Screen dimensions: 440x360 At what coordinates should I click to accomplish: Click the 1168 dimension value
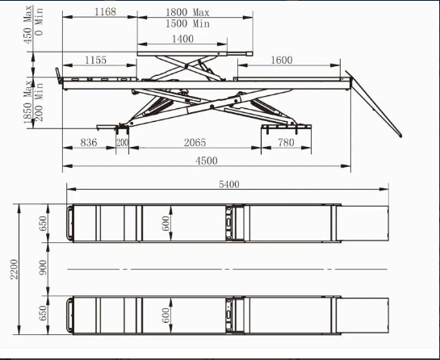click(105, 12)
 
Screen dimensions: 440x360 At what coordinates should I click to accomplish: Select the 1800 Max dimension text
click(187, 13)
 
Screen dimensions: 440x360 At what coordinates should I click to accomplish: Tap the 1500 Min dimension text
click(187, 23)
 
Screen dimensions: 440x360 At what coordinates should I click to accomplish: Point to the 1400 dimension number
click(182, 39)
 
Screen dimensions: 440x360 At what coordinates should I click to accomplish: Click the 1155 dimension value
click(96, 60)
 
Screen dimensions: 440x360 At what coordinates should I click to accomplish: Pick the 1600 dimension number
click(282, 60)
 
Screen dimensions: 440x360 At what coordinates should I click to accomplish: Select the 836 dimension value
click(89, 143)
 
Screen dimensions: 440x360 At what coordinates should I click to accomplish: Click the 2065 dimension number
click(195, 143)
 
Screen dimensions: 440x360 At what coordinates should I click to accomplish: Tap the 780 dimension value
click(286, 143)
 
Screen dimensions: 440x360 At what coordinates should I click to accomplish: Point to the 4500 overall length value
click(206, 161)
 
